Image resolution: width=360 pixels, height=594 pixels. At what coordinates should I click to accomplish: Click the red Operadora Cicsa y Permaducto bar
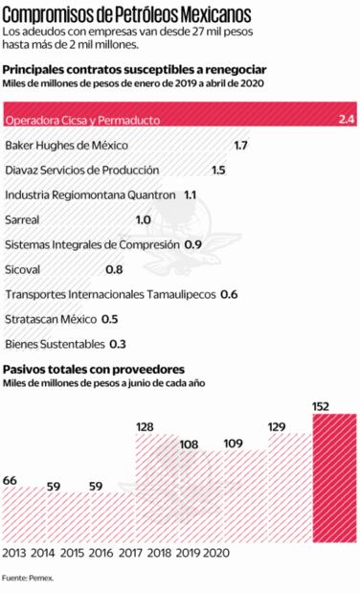coord(180,120)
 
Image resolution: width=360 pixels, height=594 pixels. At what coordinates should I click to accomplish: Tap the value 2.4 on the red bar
coord(346,120)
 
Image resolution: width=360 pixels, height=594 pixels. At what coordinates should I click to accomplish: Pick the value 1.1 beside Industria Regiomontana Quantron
coord(190,194)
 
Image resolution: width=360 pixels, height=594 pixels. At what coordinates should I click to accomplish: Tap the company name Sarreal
coord(22,219)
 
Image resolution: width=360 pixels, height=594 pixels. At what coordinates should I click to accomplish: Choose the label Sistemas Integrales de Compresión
coord(90,244)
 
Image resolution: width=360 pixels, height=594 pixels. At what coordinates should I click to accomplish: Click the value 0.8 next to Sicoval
coord(114,269)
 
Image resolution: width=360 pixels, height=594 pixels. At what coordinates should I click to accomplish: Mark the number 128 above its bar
coord(146,427)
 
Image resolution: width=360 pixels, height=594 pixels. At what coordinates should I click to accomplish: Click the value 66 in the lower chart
coord(11,479)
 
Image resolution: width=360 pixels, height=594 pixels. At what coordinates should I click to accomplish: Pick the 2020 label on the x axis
coord(216,553)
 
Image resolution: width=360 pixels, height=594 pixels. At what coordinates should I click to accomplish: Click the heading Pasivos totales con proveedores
coord(94,369)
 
